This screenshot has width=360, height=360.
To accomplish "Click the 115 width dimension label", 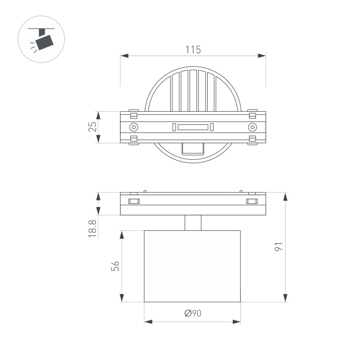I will [x=193, y=50].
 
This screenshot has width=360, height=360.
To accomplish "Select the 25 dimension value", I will [x=92, y=127].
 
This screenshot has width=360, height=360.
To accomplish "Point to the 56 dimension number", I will [x=115, y=266].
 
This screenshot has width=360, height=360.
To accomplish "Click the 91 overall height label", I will [x=279, y=247].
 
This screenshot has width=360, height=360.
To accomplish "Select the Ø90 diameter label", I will [x=193, y=313].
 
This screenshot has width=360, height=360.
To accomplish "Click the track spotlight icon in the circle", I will [x=42, y=39].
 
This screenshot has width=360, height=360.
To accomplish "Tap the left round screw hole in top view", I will [x=134, y=127].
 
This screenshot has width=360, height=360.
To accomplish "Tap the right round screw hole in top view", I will [x=252, y=127].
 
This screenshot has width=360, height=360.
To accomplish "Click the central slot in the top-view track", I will [x=193, y=127].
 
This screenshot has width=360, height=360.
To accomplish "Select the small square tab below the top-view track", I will [x=193, y=148].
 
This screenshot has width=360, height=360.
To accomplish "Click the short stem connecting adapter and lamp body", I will [x=193, y=223].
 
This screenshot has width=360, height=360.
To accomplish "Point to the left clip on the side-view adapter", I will [x=134, y=201].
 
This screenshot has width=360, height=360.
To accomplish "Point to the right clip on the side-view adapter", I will [x=252, y=201].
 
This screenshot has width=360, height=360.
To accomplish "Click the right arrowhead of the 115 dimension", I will [x=262, y=56].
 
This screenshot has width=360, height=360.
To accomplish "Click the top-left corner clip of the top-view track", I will [x=134, y=115].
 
